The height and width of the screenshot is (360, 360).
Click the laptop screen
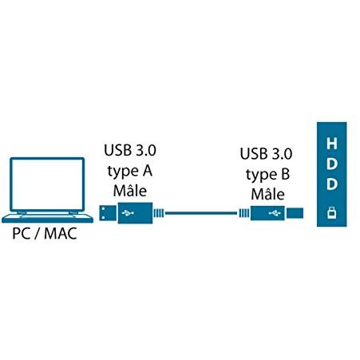click(x=47, y=184)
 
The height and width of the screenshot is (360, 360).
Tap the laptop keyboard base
click(x=47, y=218)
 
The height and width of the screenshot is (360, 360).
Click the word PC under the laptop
click(x=21, y=233)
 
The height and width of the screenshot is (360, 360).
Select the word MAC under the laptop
click(x=61, y=233)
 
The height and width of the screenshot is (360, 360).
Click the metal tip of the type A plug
click(x=108, y=213)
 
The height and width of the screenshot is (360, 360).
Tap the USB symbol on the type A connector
click(x=128, y=213)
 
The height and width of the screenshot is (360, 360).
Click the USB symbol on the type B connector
click(x=275, y=213)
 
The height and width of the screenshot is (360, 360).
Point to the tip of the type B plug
click(x=295, y=213)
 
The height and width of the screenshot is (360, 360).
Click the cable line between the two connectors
click(x=201, y=213)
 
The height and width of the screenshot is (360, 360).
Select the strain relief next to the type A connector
click(x=159, y=213)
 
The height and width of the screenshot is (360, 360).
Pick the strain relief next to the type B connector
click(x=244, y=213)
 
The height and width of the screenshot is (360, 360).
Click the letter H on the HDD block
click(x=331, y=144)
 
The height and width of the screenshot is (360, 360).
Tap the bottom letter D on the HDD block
click(x=332, y=184)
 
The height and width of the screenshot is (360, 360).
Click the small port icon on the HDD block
click(x=331, y=212)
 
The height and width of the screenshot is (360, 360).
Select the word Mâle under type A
click(x=130, y=191)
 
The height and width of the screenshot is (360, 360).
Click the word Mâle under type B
click(x=267, y=194)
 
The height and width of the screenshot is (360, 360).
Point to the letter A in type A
click(x=147, y=171)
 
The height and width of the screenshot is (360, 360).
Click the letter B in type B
click(x=285, y=174)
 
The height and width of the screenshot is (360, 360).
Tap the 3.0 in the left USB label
click(x=146, y=150)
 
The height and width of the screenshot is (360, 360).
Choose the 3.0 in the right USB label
click(x=282, y=153)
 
